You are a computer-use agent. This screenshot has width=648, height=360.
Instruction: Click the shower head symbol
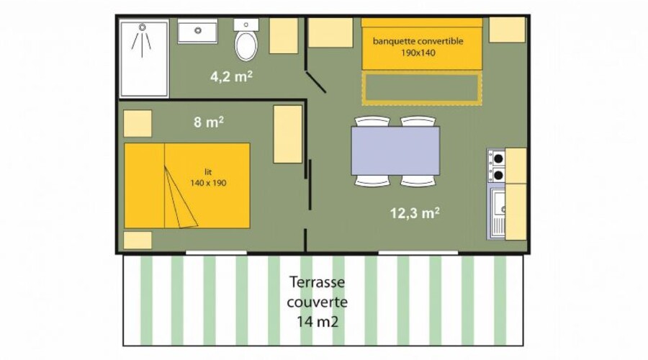click(142, 27)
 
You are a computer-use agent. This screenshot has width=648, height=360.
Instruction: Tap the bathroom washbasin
click(197, 31)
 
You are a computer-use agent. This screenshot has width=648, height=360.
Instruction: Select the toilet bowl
click(246, 45)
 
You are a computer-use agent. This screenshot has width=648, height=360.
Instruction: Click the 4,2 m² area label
click(231, 77)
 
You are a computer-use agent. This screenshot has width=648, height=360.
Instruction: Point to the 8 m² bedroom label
click(209, 122)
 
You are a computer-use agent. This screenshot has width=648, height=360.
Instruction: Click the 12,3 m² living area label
click(415, 213)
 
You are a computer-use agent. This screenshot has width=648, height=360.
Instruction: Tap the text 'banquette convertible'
click(418, 41)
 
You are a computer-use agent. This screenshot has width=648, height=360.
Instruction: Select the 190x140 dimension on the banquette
click(418, 53)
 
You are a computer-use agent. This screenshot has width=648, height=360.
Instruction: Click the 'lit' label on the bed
click(208, 172)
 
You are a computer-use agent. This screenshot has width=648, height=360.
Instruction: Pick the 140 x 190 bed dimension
click(208, 183)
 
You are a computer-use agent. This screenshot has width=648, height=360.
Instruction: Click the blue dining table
click(395, 151)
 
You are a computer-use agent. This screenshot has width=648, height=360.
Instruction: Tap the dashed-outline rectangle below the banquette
click(422, 88)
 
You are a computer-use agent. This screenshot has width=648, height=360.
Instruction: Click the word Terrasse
click(317, 282)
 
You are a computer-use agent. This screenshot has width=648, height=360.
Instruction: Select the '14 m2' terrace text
click(318, 321)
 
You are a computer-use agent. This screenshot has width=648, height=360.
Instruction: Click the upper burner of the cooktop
click(498, 158)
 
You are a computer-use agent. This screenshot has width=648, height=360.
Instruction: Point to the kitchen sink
click(498, 214)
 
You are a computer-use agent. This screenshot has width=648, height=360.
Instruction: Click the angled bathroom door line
click(316, 82)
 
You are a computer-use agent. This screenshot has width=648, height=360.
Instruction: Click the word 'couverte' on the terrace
click(317, 302)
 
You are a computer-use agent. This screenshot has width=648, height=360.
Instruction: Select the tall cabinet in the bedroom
click(287, 134)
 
